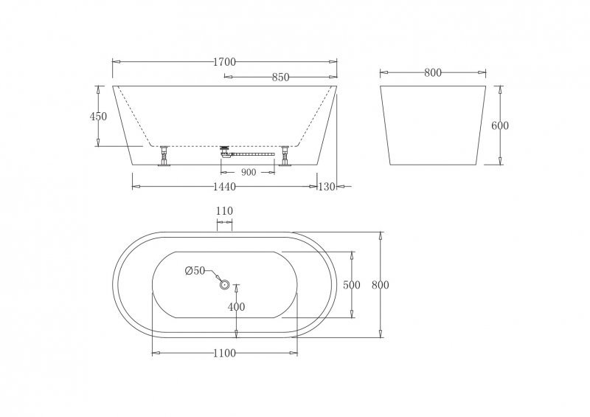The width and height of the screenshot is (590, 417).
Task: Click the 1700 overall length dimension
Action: (x=224, y=63)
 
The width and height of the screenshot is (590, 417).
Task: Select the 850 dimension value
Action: (x=280, y=77)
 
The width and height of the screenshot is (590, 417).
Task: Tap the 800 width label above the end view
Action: (x=433, y=72)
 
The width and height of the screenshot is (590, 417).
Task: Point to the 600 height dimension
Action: (x=500, y=125)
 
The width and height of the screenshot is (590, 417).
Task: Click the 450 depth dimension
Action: (x=98, y=116)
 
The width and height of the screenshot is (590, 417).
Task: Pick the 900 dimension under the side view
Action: (x=249, y=172)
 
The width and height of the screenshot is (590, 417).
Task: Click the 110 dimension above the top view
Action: (x=224, y=211)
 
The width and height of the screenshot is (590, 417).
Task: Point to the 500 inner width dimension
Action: (x=352, y=285)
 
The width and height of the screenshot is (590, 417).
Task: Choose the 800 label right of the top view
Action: (x=380, y=285)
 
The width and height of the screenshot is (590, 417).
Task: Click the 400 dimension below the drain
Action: (x=236, y=306)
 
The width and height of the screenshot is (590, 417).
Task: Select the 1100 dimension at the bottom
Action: (x=224, y=354)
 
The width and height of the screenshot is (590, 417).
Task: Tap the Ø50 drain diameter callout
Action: (x=195, y=271)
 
